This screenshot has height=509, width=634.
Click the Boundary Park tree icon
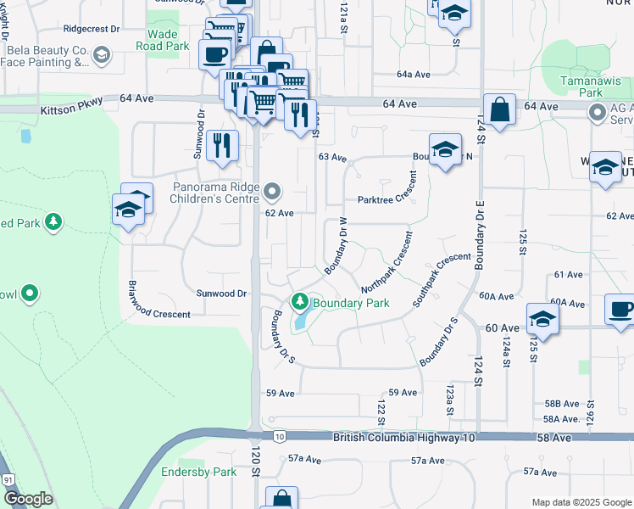pyautogui.click(x=299, y=301)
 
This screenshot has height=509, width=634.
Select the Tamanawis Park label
pyautogui.click(x=581, y=86)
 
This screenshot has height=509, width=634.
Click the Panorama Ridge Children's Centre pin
pyautogui.click(x=272, y=189)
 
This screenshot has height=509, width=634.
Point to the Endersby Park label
pyautogui.click(x=200, y=472)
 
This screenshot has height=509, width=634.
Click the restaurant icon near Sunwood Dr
pyautogui.click(x=222, y=145)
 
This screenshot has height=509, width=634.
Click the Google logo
pyautogui.click(x=28, y=499)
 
